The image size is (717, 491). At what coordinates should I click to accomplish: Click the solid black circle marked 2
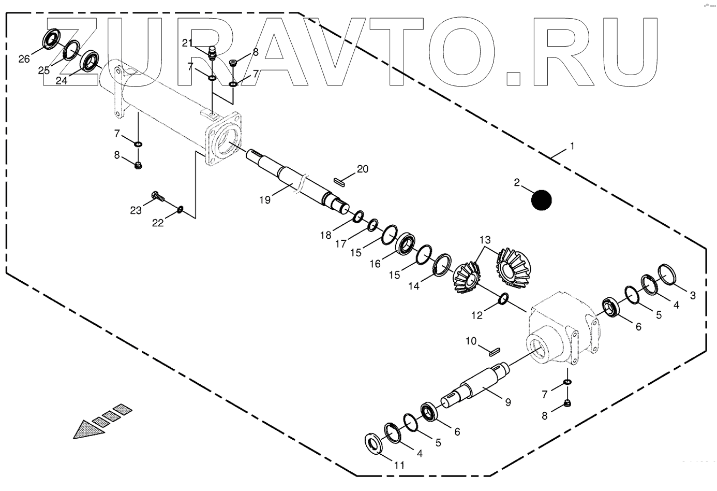point(542,200)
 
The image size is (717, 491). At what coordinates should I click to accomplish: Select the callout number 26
point(24,59)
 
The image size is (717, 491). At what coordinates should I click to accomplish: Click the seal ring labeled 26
point(50,40)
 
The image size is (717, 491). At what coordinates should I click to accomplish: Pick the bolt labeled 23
point(157,196)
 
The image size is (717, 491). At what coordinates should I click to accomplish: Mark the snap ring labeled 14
point(441,265)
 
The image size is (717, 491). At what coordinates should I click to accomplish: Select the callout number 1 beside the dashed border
point(572,147)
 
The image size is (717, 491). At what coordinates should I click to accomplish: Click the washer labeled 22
point(181,210)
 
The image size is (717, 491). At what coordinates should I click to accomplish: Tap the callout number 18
point(325,235)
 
